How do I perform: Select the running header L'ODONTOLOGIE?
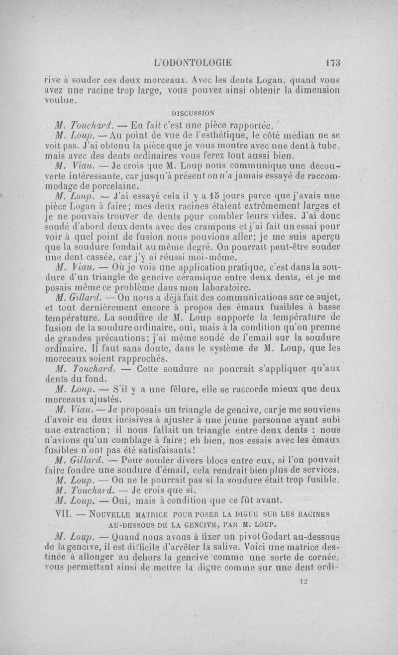tap(193, 63)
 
